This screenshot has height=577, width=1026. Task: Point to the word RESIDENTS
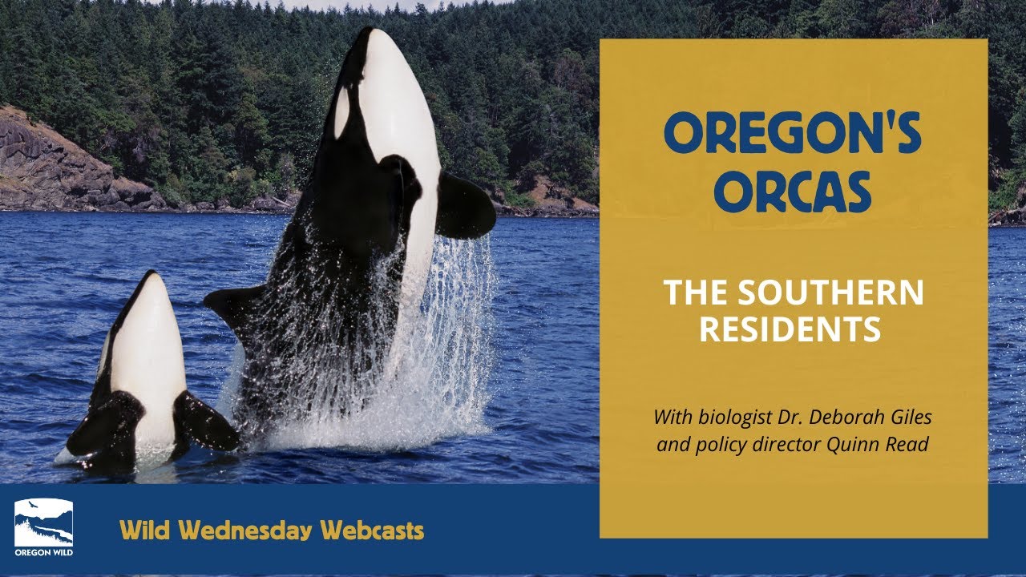(x=793, y=329)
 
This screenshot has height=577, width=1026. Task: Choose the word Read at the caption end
(x=909, y=445)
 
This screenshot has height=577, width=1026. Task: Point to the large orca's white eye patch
(x=342, y=112)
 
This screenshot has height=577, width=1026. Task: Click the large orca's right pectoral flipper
(x=464, y=206)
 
